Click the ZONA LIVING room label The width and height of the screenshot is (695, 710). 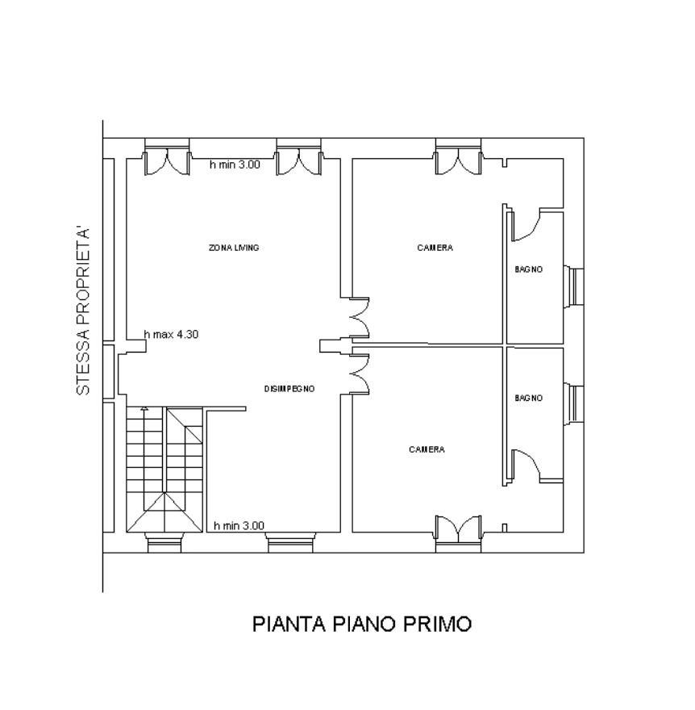pyautogui.click(x=234, y=248)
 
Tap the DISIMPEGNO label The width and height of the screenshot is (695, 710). pyautogui.click(x=289, y=389)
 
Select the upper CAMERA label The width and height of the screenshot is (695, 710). pyautogui.click(x=435, y=248)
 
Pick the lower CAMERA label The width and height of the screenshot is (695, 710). pyautogui.click(x=427, y=449)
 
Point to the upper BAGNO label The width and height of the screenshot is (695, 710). pyautogui.click(x=528, y=269)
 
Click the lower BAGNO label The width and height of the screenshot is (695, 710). pyautogui.click(x=528, y=398)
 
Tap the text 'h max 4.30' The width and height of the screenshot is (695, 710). pyautogui.click(x=171, y=334)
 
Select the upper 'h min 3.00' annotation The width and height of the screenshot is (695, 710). pyautogui.click(x=235, y=165)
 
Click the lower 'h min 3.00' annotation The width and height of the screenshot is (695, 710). pyautogui.click(x=239, y=526)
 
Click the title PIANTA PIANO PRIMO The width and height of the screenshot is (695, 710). pyautogui.click(x=362, y=624)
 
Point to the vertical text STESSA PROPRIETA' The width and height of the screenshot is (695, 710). pyautogui.click(x=83, y=311)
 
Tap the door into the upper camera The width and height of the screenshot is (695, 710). pyautogui.click(x=360, y=318)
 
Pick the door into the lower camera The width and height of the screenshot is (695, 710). pyautogui.click(x=360, y=374)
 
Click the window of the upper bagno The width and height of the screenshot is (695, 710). pyautogui.click(x=574, y=286)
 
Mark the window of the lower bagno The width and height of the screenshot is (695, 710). pyautogui.click(x=574, y=404)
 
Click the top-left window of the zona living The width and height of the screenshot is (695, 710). pyautogui.click(x=167, y=157)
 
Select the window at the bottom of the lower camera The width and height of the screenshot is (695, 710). pyautogui.click(x=458, y=534)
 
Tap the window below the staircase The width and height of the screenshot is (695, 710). pyautogui.click(x=164, y=542)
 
